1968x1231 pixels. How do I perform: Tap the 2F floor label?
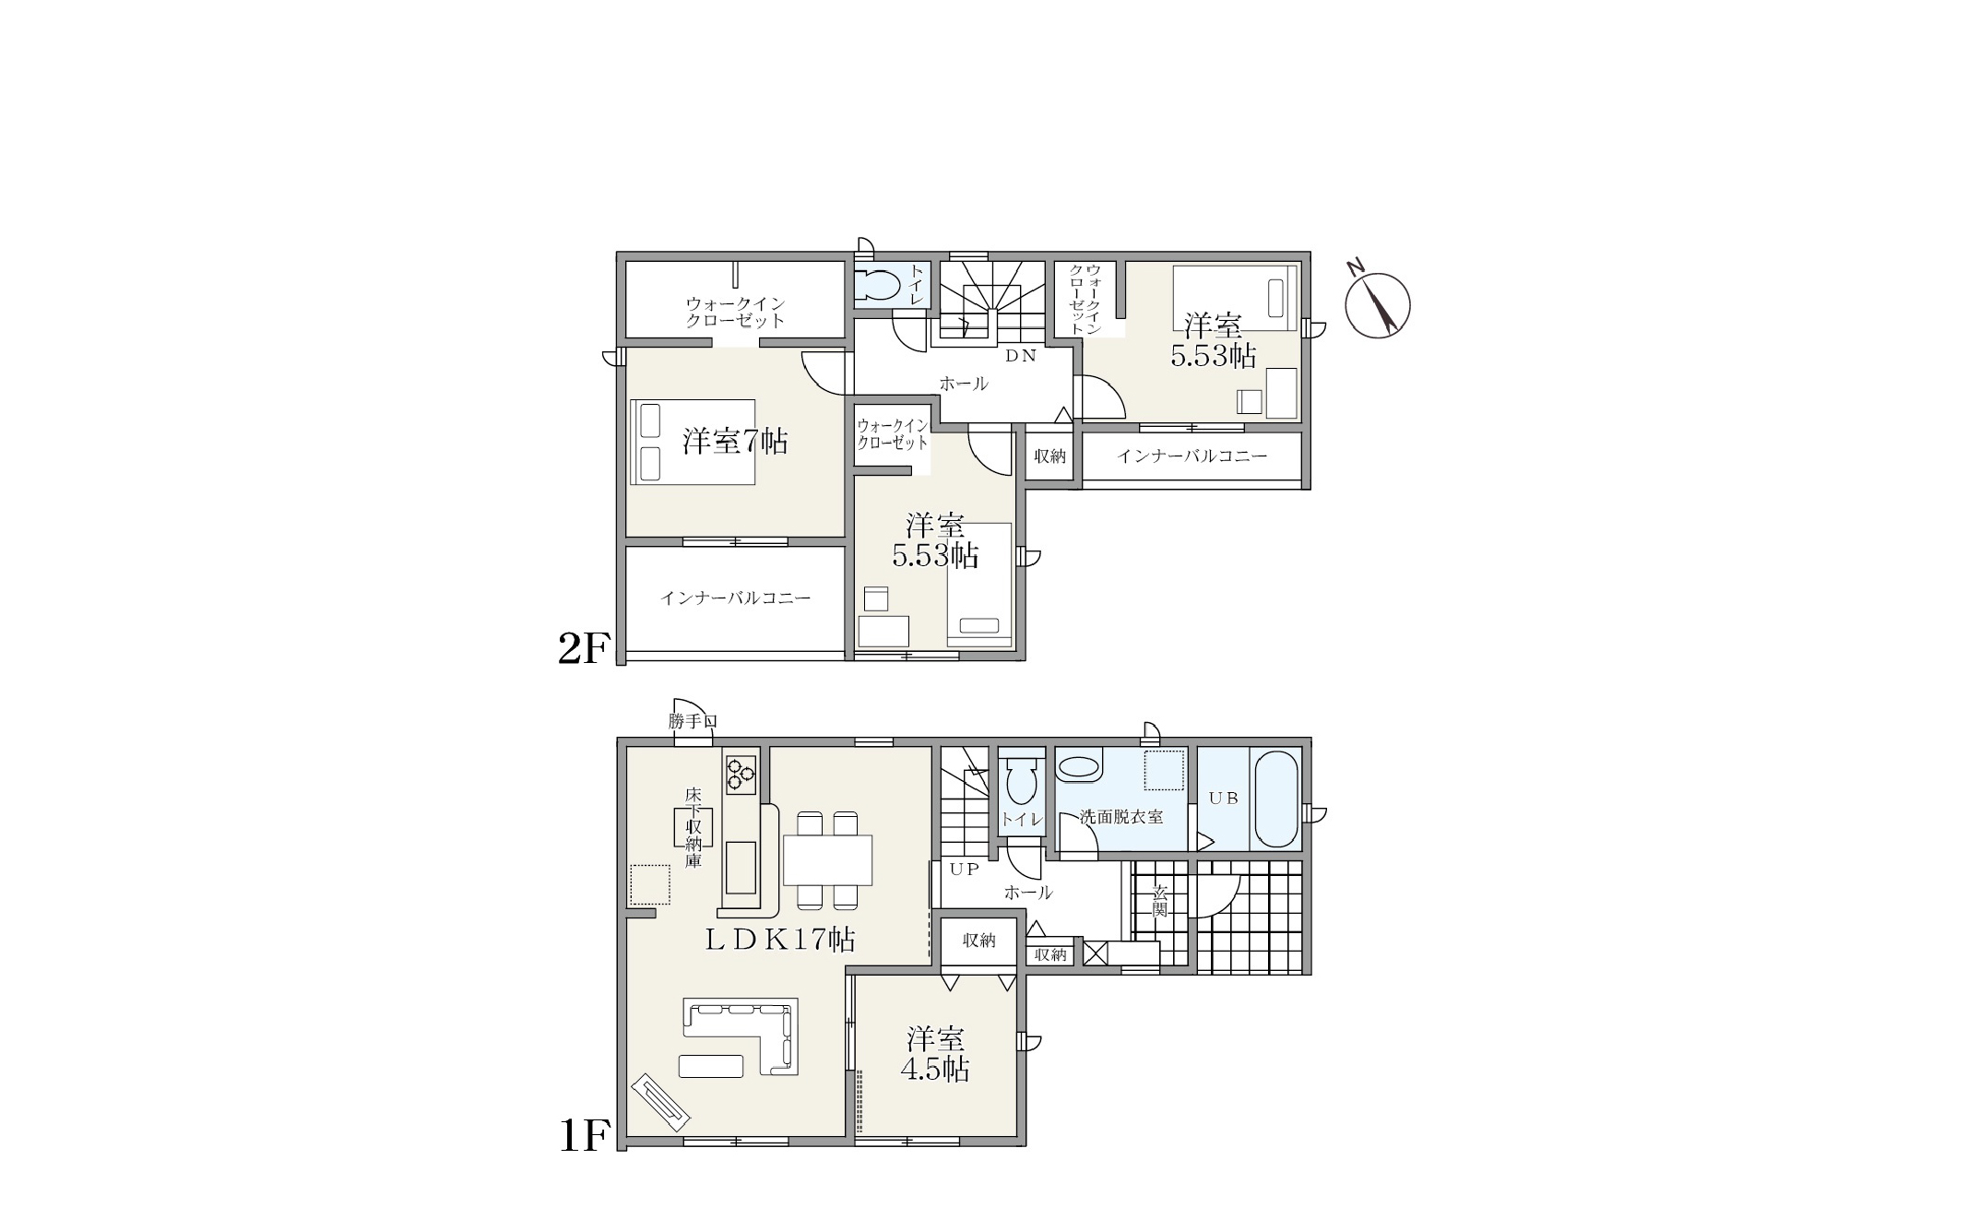tap(584, 649)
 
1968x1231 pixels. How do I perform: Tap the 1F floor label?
tap(584, 1136)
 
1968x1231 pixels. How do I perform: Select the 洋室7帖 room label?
tap(735, 442)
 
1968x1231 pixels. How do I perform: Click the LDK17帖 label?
tap(780, 940)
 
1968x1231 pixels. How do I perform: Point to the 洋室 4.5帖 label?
tap(936, 1054)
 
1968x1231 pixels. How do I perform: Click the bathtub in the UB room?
tap(1275, 799)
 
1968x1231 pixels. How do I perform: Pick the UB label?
tap(1223, 799)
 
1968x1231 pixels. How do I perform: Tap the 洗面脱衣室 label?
tap(1120, 817)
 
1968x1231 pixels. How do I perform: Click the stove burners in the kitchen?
tap(741, 774)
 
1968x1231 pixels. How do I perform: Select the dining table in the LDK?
tap(827, 859)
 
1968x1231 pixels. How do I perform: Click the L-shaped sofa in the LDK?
tap(741, 1036)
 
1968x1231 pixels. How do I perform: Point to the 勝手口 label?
tap(694, 722)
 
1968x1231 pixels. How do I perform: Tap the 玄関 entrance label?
tap(1160, 900)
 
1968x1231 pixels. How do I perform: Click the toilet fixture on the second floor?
tap(878, 284)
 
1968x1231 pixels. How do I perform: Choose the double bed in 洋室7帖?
tap(693, 442)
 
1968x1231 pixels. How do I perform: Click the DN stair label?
tap(1021, 355)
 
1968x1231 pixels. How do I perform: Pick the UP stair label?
tap(965, 870)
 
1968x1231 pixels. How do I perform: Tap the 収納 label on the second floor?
tap(1049, 456)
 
